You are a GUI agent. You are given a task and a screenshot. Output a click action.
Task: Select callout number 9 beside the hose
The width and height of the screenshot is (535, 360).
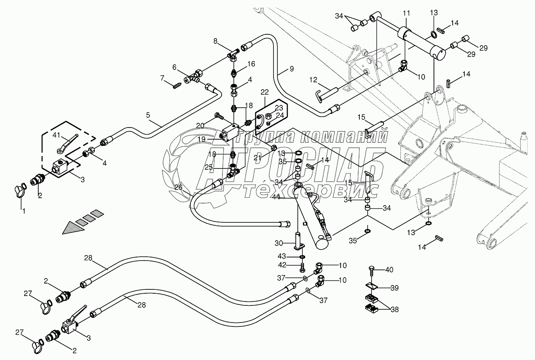[x=291, y=69]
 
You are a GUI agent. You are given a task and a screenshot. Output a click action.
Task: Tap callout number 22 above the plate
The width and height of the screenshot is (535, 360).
[x=265, y=92]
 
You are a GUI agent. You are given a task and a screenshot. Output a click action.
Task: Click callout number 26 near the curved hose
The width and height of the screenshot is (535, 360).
[x=178, y=187]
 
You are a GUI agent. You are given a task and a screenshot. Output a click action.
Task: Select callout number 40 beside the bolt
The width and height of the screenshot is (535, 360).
[x=389, y=270]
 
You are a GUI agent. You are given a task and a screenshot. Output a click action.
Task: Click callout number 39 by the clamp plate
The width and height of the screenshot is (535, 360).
[x=395, y=288]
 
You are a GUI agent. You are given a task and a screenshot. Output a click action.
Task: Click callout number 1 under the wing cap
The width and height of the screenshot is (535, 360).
[x=23, y=211]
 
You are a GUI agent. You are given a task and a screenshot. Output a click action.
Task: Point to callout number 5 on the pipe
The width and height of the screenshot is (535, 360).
[x=148, y=115]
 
